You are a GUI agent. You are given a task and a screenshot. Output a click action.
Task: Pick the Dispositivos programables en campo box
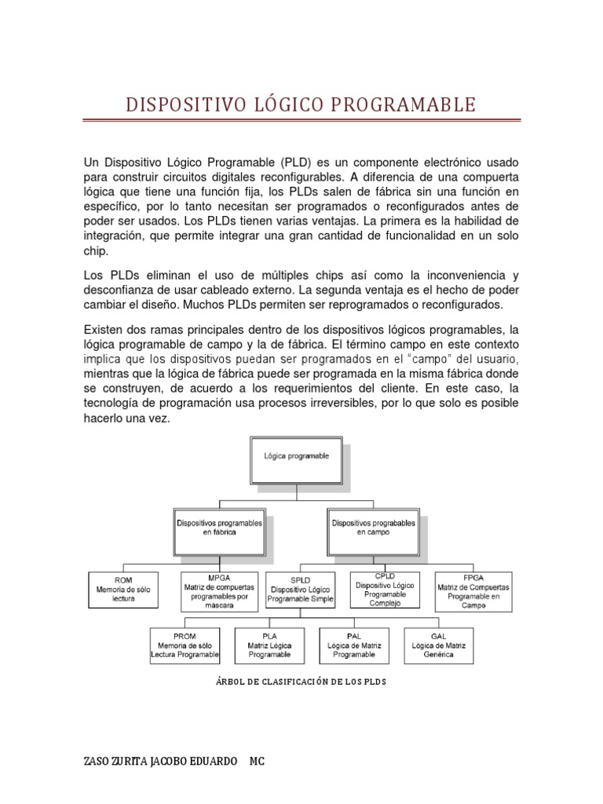tap(370, 527)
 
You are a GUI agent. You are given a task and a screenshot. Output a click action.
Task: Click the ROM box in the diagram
tap(123, 590)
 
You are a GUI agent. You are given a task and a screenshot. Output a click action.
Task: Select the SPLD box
tap(301, 590)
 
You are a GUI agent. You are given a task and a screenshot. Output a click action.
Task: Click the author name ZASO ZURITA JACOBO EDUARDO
tap(160, 762)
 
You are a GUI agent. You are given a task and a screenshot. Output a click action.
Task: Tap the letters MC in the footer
tap(258, 762)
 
